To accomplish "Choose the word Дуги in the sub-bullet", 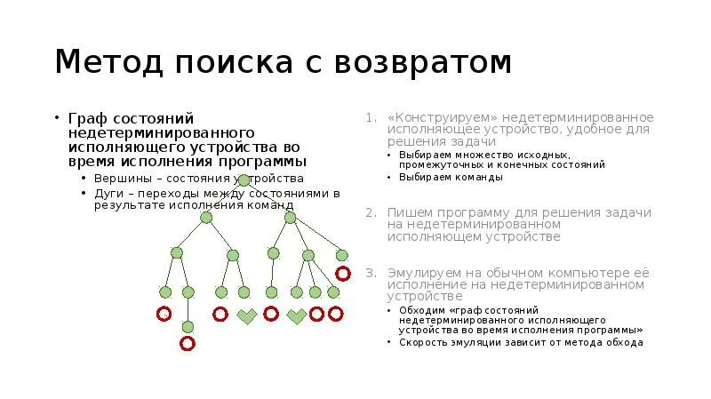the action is point(108,193).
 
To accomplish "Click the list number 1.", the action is point(370,118).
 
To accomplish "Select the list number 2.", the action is point(370,213).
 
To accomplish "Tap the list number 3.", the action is point(370,272).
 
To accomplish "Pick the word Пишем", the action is point(410,213).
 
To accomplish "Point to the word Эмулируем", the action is point(424,272).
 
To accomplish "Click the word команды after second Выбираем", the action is point(479,177).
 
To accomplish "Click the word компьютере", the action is point(571,272).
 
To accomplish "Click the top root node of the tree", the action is point(244,181).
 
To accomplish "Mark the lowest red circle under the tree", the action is point(188,343).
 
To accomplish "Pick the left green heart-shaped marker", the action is point(246,315).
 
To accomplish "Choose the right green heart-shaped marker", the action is point(296,315).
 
